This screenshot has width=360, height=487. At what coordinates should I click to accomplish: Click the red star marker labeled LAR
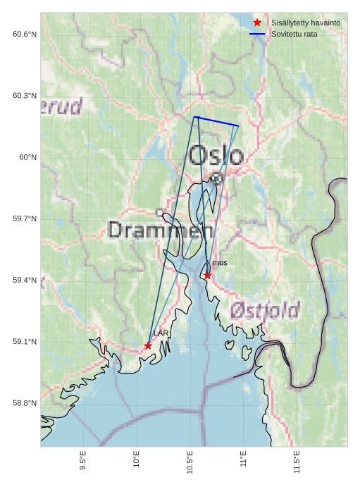point(148,346)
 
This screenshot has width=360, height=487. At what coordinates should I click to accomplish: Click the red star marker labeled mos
point(207,276)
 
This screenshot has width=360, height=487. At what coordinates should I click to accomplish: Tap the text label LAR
point(161,333)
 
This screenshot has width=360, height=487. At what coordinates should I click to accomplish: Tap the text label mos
point(220,263)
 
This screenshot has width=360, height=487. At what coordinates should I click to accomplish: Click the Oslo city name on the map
point(216,155)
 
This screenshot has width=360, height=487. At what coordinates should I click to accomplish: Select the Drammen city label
point(161,230)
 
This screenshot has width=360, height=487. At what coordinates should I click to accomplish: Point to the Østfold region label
point(265,309)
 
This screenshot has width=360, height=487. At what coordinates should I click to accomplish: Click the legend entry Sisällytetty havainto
point(306,23)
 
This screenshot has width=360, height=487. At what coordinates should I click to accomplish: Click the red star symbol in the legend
point(257,23)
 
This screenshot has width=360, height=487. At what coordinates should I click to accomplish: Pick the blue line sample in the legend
point(257,35)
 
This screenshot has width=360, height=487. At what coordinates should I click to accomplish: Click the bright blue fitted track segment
point(216,121)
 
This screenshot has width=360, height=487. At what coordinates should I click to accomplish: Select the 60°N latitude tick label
point(27,157)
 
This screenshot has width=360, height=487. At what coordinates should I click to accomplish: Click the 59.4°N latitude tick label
point(24,281)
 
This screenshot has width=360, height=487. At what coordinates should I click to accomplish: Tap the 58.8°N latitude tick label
point(24,403)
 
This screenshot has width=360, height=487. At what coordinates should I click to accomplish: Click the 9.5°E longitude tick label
point(83,461)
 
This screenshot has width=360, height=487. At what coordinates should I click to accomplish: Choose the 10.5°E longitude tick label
point(190,461)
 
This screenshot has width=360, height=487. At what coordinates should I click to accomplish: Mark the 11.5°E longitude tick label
point(297,461)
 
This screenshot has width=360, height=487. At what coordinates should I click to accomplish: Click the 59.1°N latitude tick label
point(24,342)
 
